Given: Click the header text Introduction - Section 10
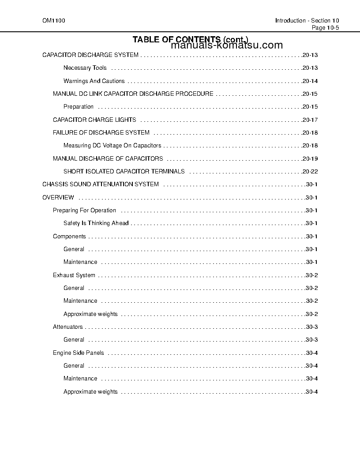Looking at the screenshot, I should click(307, 21).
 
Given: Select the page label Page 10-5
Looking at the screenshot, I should click(325, 27).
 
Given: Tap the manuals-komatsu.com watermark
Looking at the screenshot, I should click(226, 45).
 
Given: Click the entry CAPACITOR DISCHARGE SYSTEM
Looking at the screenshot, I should click(90, 55).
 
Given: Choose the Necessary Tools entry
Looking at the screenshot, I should click(85, 68).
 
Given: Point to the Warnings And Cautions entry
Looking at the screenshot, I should click(94, 81).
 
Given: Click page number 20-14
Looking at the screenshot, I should click(310, 81).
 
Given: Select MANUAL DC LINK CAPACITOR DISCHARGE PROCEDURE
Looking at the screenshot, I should click(133, 94).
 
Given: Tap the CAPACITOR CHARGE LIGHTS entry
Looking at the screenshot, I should click(94, 120).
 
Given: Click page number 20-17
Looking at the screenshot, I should click(310, 120).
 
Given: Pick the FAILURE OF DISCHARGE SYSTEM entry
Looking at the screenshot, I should click(101, 133).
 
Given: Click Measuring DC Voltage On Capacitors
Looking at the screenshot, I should click(112, 146).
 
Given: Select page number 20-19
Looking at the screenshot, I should click(310, 159).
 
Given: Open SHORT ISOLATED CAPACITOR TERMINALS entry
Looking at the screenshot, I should click(124, 172).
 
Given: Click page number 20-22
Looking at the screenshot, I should click(310, 172).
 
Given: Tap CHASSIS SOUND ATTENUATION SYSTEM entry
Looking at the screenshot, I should click(101, 184).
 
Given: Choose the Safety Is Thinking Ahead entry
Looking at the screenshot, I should click(96, 223).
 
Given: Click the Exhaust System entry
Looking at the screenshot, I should click(74, 275).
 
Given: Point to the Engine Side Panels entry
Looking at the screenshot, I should click(79, 353).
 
